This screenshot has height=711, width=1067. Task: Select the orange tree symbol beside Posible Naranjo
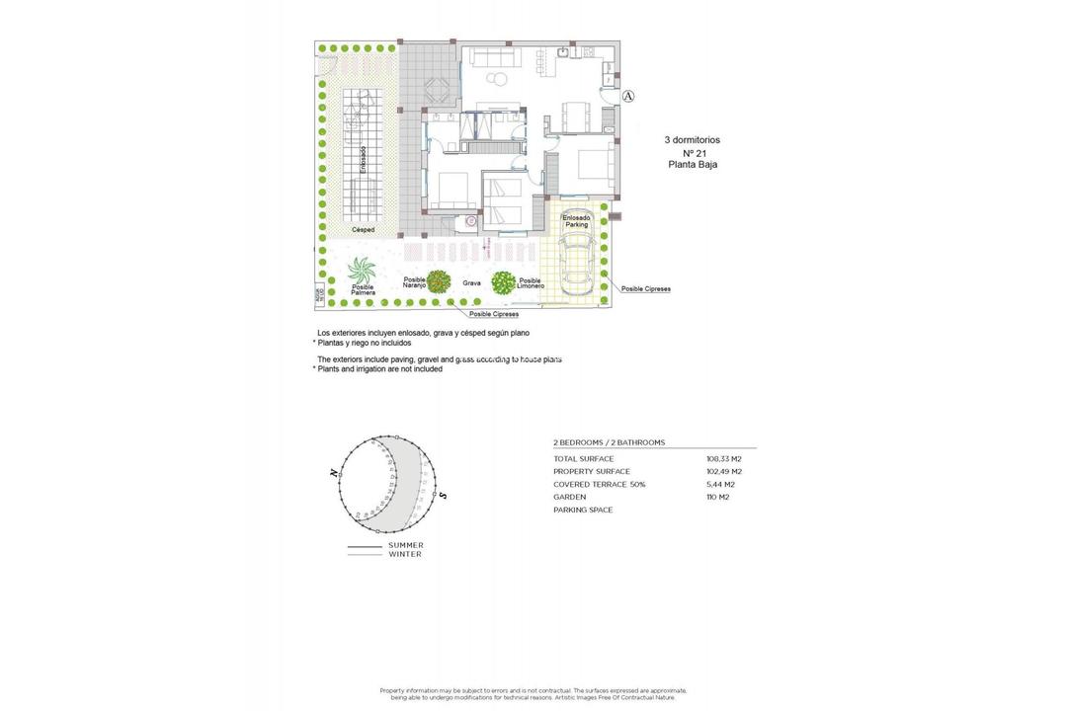point(439,282)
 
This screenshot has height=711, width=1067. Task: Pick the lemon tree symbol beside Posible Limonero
point(504,282)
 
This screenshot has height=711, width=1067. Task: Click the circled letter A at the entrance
point(629,96)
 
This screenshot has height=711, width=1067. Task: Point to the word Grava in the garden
point(471,283)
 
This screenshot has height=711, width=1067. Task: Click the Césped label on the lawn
point(363,229)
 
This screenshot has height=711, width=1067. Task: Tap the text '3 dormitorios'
point(692,140)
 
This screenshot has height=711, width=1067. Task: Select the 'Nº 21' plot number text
point(695,153)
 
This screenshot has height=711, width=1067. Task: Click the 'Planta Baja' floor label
point(693,165)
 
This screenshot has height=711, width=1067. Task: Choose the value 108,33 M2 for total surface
point(723,459)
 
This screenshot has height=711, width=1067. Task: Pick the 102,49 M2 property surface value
point(723,472)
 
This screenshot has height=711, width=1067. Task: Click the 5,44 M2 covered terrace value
point(721,485)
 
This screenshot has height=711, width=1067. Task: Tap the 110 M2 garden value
point(719,498)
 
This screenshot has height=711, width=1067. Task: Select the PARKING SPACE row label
point(583,511)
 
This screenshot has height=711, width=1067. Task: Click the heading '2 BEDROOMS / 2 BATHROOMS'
point(609,442)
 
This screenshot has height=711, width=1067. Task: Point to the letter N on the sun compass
point(335,473)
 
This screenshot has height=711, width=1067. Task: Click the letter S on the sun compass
point(443,494)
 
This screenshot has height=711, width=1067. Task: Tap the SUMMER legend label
point(405,545)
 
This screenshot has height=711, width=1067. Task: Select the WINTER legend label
point(404,555)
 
